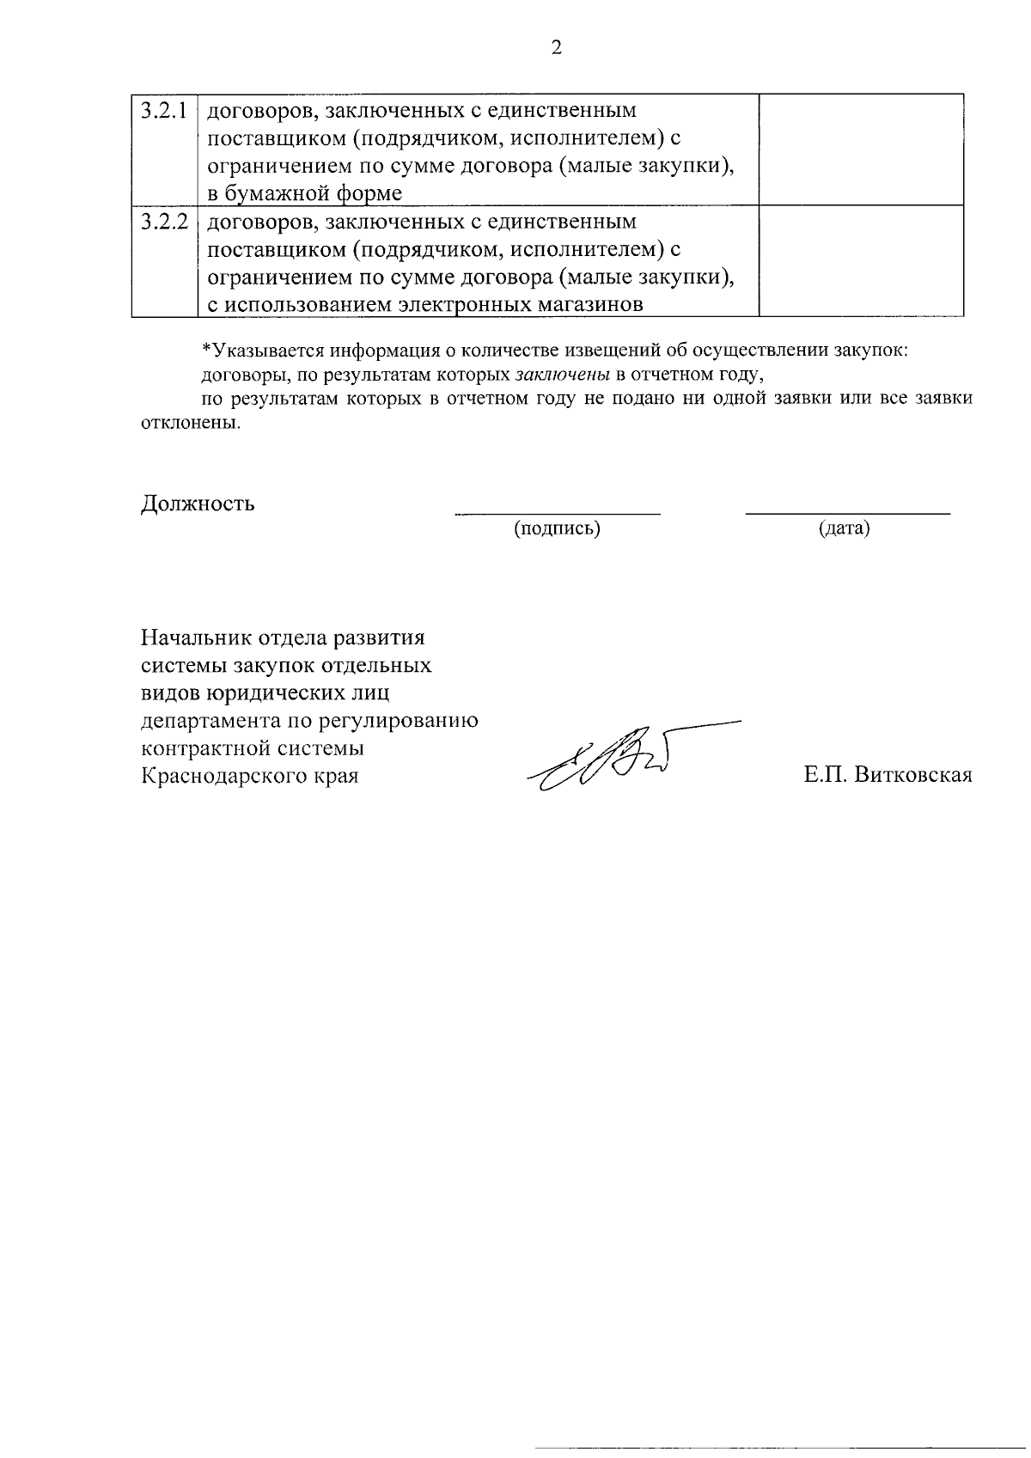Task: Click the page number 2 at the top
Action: tap(556, 48)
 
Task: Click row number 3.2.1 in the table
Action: tap(164, 110)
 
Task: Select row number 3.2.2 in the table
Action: tap(164, 222)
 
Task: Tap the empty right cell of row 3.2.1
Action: tap(861, 149)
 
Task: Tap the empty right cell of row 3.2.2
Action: tap(861, 261)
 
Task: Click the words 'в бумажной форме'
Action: tap(305, 193)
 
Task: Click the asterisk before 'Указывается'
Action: tap(205, 350)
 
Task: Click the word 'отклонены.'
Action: tap(189, 424)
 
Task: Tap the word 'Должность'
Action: tap(198, 503)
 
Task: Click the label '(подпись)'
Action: tap(557, 528)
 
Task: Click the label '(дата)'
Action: tap(845, 528)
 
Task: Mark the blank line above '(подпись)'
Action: tap(557, 513)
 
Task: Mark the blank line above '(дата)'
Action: tap(847, 513)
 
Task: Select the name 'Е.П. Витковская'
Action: tap(888, 775)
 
